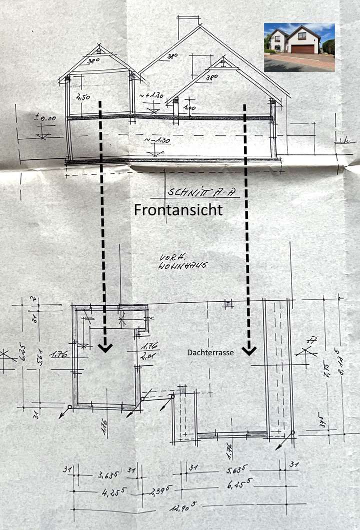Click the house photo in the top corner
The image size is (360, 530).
click(299, 47)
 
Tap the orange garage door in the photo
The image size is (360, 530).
click(303, 49)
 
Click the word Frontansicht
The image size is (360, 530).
click(178, 211)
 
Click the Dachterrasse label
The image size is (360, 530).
click(210, 352)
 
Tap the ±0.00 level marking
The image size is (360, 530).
click(45, 118)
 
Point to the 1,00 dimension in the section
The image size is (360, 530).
click(189, 108)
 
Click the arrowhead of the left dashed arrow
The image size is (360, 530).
click(105, 348)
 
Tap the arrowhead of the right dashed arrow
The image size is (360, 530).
click(248, 351)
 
